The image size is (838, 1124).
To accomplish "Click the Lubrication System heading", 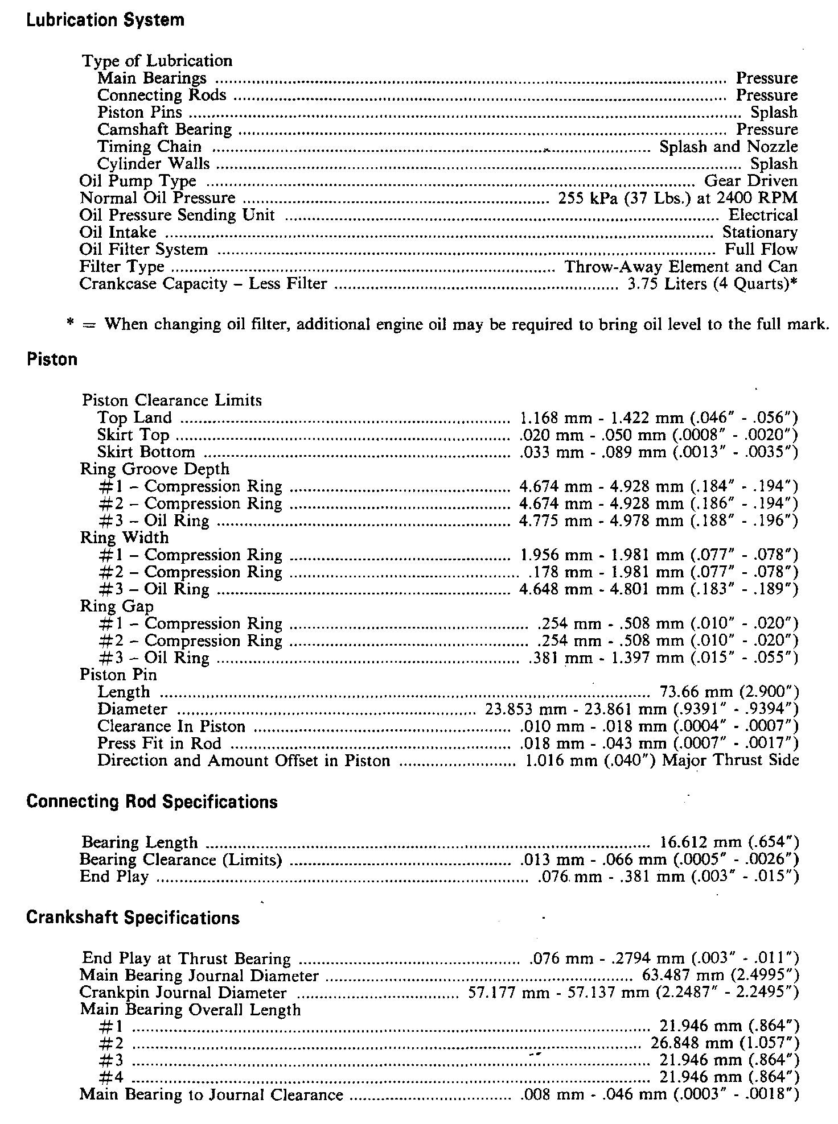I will coord(105,20).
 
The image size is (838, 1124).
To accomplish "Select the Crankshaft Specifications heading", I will coord(133,918).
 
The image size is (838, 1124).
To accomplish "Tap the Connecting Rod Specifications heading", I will coord(152,801).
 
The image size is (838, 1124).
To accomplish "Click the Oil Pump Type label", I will coord(138,181).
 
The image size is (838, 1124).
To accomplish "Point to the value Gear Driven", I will coord(750,181).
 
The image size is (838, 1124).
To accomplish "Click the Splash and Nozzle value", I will coord(728,147).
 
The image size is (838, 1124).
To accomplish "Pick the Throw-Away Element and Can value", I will coord(680,267).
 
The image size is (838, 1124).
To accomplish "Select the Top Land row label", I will coord(134,418).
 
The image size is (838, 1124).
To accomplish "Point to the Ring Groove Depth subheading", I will coord(155,469).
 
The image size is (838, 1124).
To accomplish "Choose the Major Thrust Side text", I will coord(730,761).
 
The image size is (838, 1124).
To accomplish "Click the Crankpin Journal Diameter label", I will coord(183,993).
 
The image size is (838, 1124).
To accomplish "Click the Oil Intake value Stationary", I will coord(759,233).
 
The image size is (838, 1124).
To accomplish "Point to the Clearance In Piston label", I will coord(171,726).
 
